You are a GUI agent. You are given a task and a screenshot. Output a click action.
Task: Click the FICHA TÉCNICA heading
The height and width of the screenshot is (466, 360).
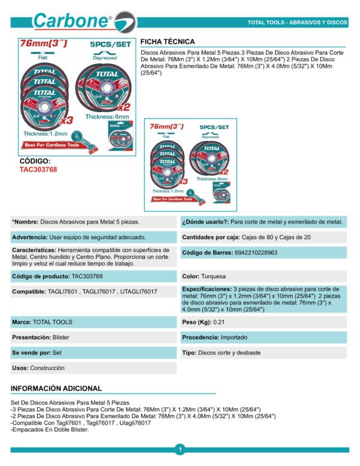coord(167,41)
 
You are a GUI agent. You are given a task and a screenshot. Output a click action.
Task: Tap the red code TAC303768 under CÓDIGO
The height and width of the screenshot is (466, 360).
coord(38,170)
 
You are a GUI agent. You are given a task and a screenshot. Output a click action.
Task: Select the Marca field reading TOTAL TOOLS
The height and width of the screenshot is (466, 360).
coord(53,322)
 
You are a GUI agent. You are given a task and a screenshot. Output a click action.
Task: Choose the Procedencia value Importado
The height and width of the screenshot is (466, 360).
coord(237,338)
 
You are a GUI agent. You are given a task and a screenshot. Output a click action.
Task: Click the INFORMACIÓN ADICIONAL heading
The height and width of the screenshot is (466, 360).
coord(56,388)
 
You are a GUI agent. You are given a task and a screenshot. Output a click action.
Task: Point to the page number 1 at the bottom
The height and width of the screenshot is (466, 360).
coord(180,449)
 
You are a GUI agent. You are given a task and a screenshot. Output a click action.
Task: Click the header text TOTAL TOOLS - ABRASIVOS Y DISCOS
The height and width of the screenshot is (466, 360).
coord(297,22)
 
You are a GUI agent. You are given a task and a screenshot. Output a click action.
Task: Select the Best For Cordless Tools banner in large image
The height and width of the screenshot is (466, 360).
coord(52,145)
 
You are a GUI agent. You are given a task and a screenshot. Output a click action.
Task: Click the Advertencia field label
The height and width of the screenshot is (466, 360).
coord(30,237)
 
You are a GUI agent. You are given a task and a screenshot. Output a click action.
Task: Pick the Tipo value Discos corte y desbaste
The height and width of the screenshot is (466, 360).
coord(230,353)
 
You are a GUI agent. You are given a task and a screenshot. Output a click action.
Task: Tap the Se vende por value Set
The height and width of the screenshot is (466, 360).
coord(57,353)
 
